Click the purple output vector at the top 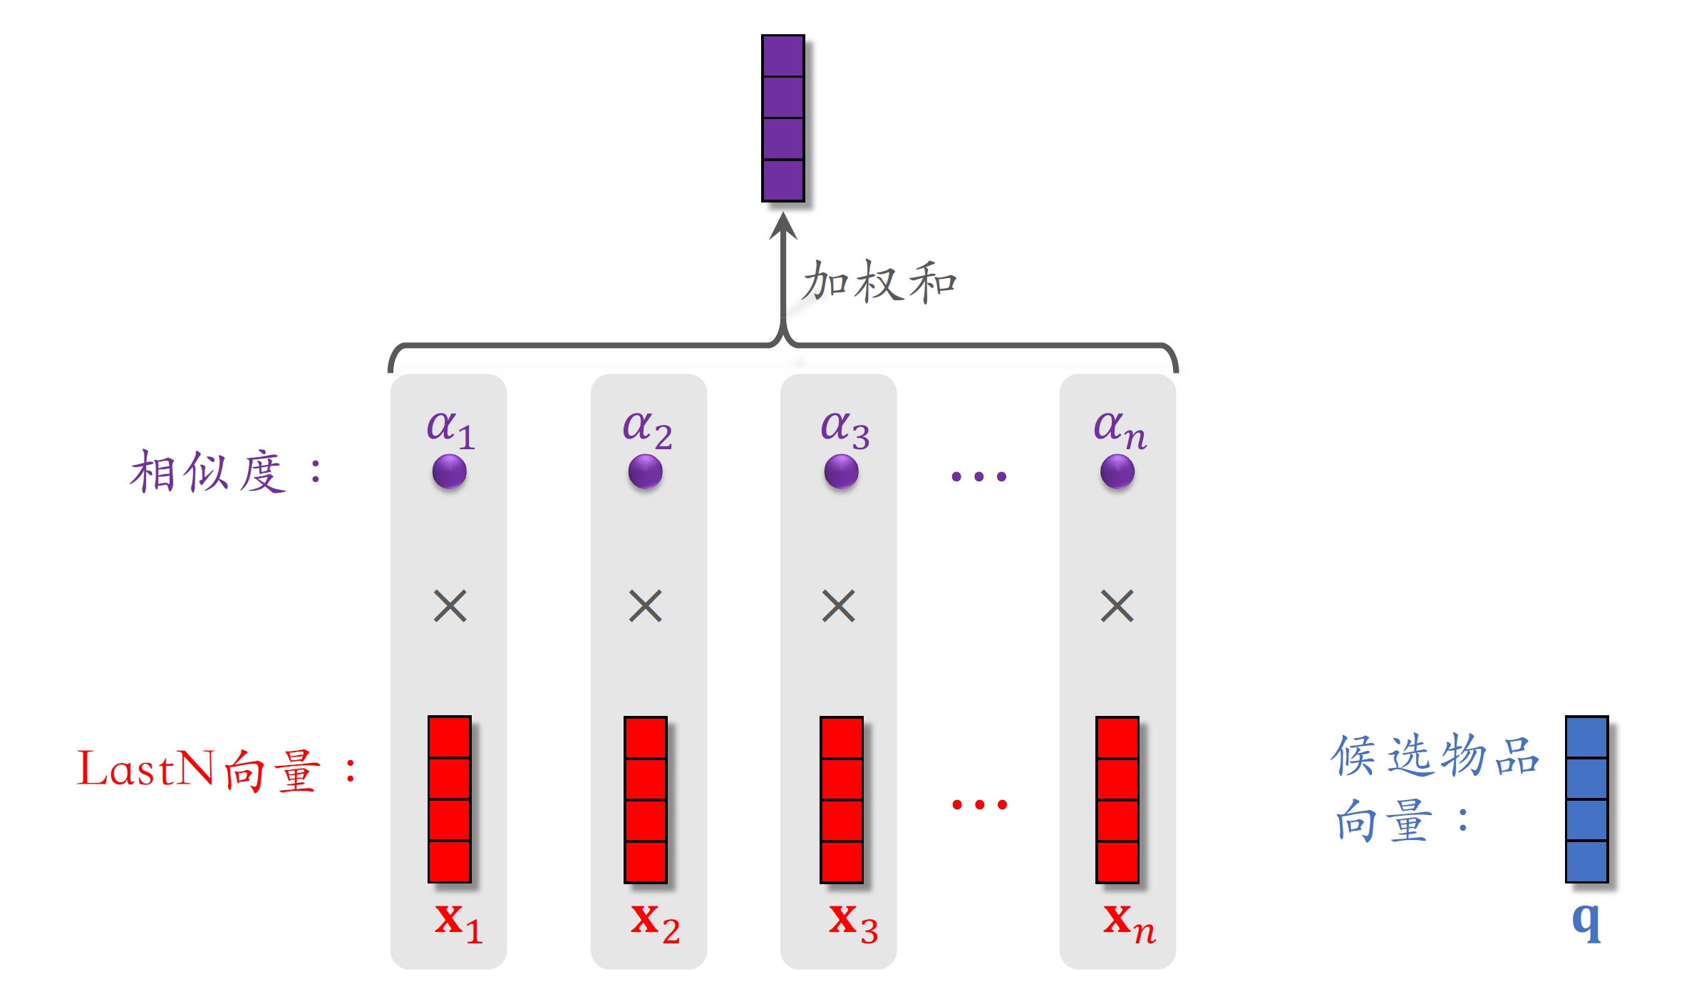point(783,118)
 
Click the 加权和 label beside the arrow point(878,282)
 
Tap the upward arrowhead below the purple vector point(783,226)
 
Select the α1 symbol point(450,428)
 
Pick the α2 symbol point(646,428)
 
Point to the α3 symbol point(844,428)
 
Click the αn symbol point(1119,428)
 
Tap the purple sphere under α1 point(449,472)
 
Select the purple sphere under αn point(1117,472)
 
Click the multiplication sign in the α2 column point(646,606)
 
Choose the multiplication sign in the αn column point(1117,606)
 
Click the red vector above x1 point(449,799)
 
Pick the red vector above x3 point(842,799)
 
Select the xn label point(1129,923)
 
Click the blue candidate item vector point(1586,799)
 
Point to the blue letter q point(1586,921)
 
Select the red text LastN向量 point(200,770)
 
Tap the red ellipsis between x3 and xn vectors point(979,805)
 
